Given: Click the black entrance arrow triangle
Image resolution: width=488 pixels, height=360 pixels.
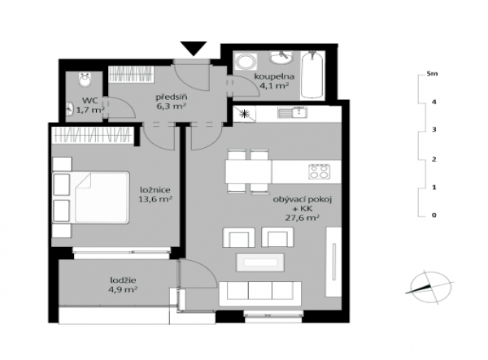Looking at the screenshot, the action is point(194,48).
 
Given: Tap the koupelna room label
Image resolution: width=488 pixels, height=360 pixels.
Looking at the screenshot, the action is point(274,76).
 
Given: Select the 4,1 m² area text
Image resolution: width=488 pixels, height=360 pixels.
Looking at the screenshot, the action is point(274,85).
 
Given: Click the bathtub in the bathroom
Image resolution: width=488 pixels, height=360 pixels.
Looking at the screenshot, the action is point(312,76).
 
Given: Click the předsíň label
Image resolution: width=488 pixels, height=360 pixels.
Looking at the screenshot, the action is point(172,97).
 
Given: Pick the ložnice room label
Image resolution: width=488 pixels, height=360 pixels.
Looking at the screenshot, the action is point(155,189).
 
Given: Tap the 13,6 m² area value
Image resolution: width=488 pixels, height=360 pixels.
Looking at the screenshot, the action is point(155,199).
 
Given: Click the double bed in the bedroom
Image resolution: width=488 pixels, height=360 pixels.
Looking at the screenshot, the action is point(90,197).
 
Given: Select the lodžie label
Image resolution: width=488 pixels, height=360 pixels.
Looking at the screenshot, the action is point(124,280).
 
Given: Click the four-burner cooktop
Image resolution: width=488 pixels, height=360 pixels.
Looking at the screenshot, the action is point(320,171).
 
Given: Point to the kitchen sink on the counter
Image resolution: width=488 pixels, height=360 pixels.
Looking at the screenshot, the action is point(292,112).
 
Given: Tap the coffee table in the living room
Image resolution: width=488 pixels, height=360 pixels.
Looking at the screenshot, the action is point(260,262).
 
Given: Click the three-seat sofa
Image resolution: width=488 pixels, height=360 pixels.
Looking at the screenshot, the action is point(260,293).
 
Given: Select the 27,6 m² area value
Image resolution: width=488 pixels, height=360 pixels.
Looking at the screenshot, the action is point(303,218).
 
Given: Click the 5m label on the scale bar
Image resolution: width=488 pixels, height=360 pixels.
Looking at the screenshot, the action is point(433,74).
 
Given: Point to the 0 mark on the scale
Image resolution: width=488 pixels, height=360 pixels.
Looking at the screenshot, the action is point(434,215).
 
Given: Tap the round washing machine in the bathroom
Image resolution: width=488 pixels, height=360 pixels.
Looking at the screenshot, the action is point(246,61).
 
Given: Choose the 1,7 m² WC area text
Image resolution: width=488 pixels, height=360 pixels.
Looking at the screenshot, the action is point(90,110).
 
